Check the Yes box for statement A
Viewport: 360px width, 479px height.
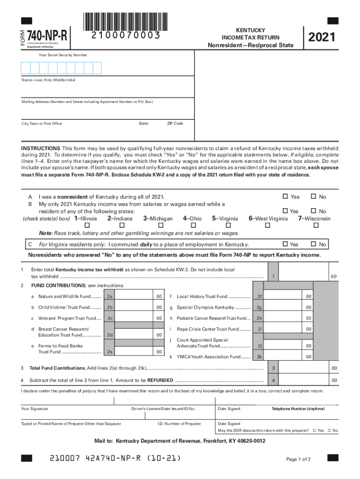[x=286, y=196]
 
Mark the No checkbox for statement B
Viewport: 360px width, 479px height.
[x=314, y=211]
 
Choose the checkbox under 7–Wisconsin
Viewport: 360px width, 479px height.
[x=316, y=225]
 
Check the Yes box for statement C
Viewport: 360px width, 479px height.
[x=286, y=244]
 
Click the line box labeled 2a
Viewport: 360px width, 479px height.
[x=110, y=297]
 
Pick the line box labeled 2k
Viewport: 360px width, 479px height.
[x=259, y=357]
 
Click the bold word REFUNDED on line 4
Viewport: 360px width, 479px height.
[x=160, y=380]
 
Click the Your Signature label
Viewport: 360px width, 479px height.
[x=35, y=409]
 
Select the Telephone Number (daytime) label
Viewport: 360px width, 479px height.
[x=298, y=409]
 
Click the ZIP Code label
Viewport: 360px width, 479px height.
[x=175, y=123]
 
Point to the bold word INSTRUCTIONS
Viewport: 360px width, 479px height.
[x=40, y=147]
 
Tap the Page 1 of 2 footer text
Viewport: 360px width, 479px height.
[x=298, y=459]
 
